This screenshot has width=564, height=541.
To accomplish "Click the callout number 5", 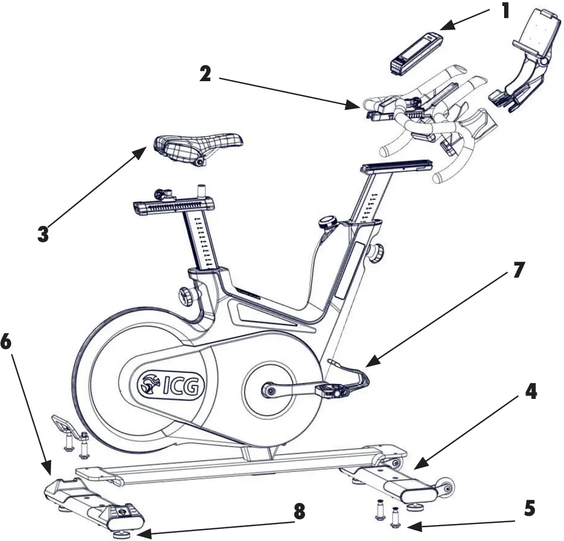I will [529, 508].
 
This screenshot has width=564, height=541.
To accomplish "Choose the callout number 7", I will [518, 270].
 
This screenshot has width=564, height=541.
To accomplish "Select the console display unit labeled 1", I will [416, 54].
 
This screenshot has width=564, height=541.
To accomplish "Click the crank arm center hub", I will [269, 390].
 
